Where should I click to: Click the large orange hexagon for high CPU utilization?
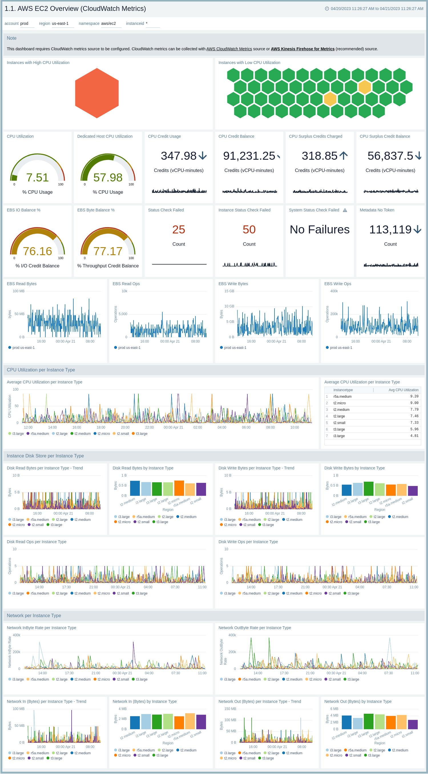pyautogui.click(x=97, y=93)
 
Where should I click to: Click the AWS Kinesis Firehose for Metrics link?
pyautogui.click(x=302, y=49)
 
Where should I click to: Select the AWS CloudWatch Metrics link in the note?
pyautogui.click(x=229, y=49)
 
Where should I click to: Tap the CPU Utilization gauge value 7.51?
pyautogui.click(x=37, y=178)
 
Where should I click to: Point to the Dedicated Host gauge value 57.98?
pyautogui.click(x=108, y=178)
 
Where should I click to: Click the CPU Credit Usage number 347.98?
pyautogui.click(x=178, y=156)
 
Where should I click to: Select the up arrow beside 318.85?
pyautogui.click(x=343, y=156)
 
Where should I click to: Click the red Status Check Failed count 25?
pyautogui.click(x=178, y=229)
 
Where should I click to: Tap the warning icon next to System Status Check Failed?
pyautogui.click(x=345, y=210)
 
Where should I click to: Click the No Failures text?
pyautogui.click(x=319, y=229)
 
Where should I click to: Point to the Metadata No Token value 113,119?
pyautogui.click(x=390, y=229)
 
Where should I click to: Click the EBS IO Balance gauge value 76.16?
pyautogui.click(x=37, y=251)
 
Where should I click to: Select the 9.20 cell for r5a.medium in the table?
pyautogui.click(x=414, y=396)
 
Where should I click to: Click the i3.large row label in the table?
pyautogui.click(x=339, y=436)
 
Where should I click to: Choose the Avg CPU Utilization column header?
pyautogui.click(x=403, y=390)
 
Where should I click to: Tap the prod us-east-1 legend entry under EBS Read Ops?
pyautogui.click(x=129, y=348)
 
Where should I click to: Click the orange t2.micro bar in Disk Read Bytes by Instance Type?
pyautogui.click(x=179, y=488)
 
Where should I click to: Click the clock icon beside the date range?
pyautogui.click(x=327, y=9)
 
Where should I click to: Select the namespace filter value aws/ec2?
pyautogui.click(x=108, y=23)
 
